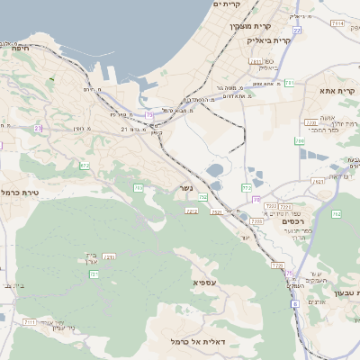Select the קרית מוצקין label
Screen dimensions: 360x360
coord(250,26)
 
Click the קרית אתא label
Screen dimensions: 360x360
coord(337,91)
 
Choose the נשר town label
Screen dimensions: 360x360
coord(179,188)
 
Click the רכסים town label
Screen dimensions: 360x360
coord(293,221)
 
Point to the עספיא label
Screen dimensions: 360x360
coord(204,283)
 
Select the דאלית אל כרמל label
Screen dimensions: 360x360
coord(193,341)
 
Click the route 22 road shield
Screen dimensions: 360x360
coord(296,30)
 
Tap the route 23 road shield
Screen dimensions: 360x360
coord(38,129)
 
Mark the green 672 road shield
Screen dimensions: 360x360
coord(85,166)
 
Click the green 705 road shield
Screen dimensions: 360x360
coord(138,188)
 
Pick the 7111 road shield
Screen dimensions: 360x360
coord(30,321)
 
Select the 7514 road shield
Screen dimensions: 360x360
coord(337,22)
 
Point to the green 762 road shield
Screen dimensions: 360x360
coord(335,214)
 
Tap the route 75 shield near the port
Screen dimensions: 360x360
coord(149,114)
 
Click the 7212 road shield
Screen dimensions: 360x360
coord(191,211)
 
